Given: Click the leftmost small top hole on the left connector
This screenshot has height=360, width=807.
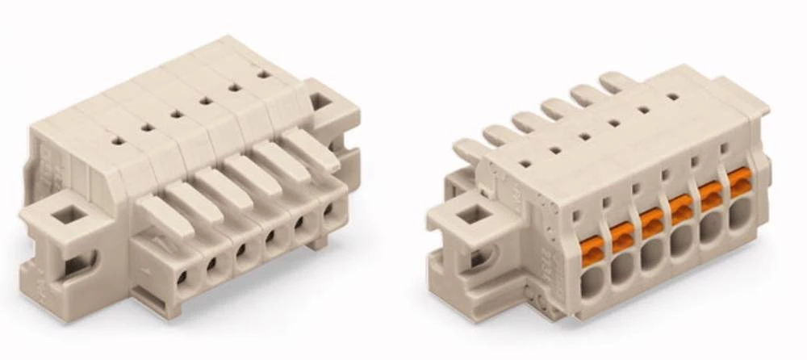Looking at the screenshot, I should (x=117, y=140).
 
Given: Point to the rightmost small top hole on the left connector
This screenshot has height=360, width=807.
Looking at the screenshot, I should (x=263, y=73).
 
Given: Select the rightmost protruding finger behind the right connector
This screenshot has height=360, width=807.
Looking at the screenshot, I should (x=616, y=82).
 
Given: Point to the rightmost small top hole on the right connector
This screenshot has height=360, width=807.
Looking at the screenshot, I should (x=671, y=95).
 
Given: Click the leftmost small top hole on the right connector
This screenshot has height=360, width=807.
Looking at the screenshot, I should (x=525, y=163).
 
